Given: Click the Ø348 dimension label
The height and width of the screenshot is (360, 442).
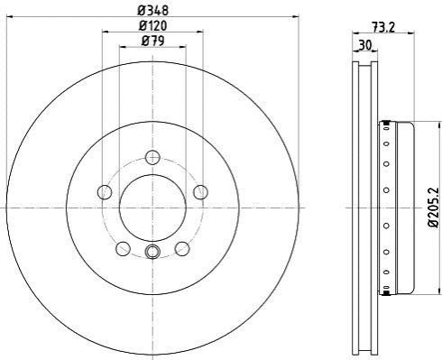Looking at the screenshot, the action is coord(152,11).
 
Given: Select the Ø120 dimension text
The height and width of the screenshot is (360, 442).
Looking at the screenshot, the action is coord(152,25).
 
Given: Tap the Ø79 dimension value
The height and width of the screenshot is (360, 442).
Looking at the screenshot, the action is coord(152,41).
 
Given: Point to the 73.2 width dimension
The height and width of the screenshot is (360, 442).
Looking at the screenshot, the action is coord(383,27).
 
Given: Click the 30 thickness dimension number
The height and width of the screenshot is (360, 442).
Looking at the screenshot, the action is coord(365,45).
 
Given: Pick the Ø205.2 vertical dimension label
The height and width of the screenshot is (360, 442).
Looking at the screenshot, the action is coord(434,208).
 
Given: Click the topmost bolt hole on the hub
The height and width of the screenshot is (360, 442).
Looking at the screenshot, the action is coord(152,157).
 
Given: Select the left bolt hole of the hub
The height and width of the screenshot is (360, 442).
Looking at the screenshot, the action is coord(105,192).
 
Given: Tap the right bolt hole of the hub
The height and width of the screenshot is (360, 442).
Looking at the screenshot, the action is coord(200,192).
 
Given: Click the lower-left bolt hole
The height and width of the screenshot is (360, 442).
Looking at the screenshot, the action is coord(124,249).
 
